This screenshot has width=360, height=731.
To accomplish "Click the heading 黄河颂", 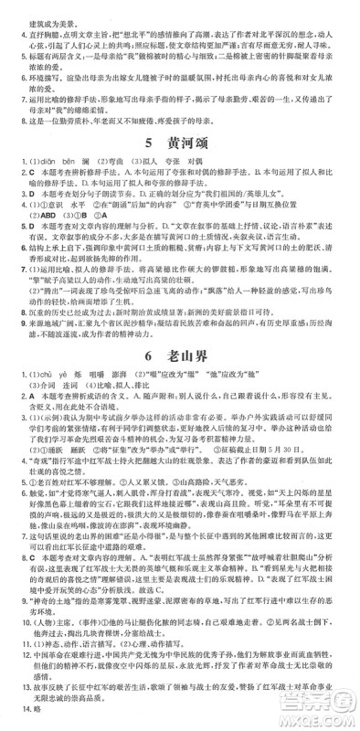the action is click(194, 144).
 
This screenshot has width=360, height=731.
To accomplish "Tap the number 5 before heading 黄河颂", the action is click(147, 144).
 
